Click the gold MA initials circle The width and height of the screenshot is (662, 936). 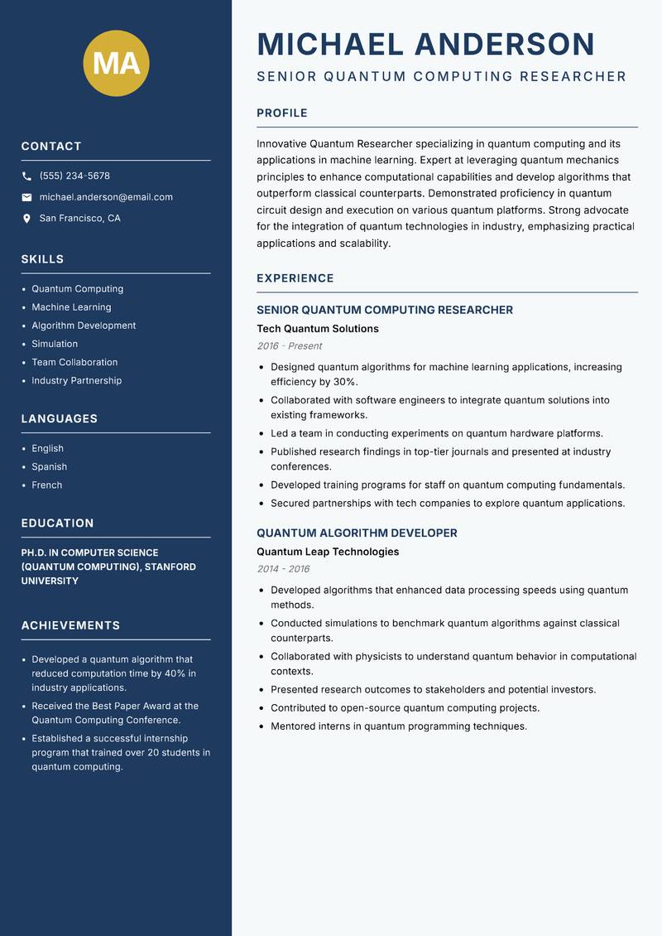click(117, 63)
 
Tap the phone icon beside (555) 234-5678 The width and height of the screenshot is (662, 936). click(26, 176)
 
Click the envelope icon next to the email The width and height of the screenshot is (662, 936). click(26, 197)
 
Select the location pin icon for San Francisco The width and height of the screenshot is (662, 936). click(26, 219)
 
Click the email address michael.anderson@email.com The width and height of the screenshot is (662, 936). click(106, 197)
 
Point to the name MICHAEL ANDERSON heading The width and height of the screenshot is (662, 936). click(425, 44)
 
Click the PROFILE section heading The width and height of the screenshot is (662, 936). click(282, 113)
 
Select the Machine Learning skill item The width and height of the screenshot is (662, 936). click(71, 307)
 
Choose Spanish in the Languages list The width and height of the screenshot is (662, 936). click(49, 466)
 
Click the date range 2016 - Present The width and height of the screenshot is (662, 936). click(289, 346)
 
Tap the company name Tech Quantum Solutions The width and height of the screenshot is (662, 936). click(317, 329)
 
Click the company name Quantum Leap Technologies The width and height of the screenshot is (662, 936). click(328, 552)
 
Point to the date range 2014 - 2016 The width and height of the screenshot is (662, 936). click(283, 569)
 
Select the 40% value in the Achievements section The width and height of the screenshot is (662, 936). click(175, 673)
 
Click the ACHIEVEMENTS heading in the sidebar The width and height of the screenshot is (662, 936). click(70, 625)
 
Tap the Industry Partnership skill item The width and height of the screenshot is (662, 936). click(76, 380)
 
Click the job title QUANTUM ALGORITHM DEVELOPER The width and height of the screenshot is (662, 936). click(357, 533)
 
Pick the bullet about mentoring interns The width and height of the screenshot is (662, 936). click(398, 726)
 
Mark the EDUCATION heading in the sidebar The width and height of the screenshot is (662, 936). click(57, 523)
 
